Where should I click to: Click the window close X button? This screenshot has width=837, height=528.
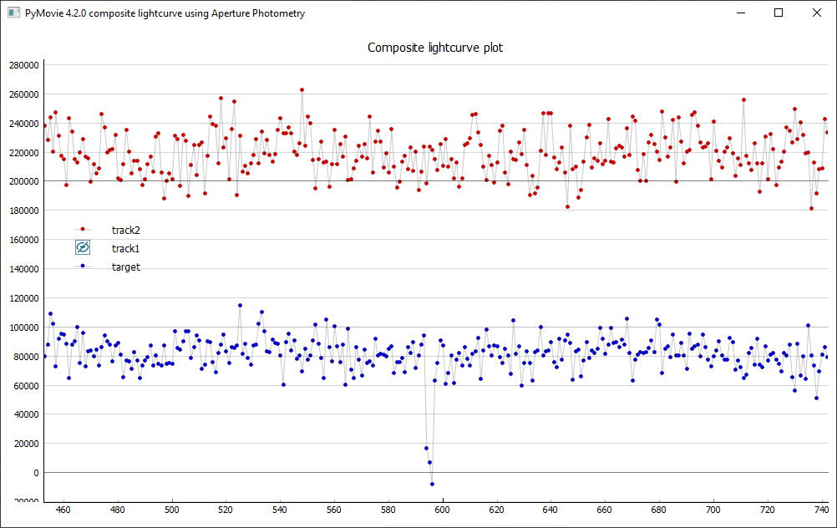click(x=817, y=13)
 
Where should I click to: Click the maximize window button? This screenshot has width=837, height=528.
click(x=779, y=13)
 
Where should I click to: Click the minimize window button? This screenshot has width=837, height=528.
click(x=740, y=13)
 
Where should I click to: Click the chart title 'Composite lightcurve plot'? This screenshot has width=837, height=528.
click(x=435, y=48)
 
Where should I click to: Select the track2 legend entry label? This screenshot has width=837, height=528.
click(x=126, y=230)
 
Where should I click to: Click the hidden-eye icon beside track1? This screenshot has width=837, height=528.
click(x=83, y=247)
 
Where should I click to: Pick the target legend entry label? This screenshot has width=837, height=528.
click(x=126, y=267)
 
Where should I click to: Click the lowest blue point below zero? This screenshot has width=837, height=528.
click(x=432, y=485)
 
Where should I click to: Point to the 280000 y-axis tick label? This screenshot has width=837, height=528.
click(x=24, y=65)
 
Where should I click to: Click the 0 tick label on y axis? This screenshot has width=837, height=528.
click(x=36, y=473)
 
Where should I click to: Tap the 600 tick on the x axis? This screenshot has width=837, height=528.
click(x=442, y=510)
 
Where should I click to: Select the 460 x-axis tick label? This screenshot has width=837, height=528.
click(x=63, y=510)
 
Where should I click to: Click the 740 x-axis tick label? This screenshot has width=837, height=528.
click(x=821, y=510)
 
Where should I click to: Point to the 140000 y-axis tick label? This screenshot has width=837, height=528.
click(x=24, y=269)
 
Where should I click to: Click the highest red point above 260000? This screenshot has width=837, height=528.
click(x=302, y=89)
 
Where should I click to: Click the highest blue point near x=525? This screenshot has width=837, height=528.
click(x=241, y=306)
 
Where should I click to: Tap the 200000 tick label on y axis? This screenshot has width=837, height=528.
click(x=24, y=181)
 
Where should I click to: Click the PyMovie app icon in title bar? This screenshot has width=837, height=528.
click(x=13, y=13)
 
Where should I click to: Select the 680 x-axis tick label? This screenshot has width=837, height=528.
click(x=658, y=510)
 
